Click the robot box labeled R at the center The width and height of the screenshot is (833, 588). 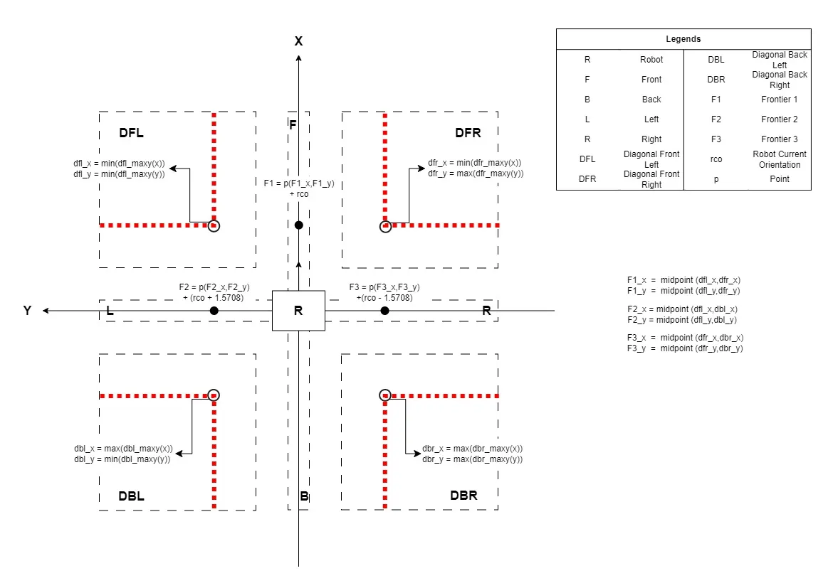click(x=298, y=311)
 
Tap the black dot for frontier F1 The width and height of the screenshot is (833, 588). click(x=299, y=225)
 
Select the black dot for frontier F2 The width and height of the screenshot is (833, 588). click(x=214, y=311)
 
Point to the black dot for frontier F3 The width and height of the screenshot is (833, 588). click(x=384, y=311)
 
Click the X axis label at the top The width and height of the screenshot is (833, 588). click(x=299, y=41)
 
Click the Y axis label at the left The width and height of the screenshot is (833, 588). click(x=27, y=311)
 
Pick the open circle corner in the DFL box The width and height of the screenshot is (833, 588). click(x=214, y=225)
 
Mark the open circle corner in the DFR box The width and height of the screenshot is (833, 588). click(x=385, y=225)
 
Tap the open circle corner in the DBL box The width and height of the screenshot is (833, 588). click(x=214, y=395)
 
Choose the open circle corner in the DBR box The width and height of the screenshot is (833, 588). click(x=385, y=395)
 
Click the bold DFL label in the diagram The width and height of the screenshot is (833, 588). click(x=132, y=133)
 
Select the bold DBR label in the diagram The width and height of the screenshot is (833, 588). click(x=464, y=496)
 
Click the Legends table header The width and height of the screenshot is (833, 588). click(x=683, y=39)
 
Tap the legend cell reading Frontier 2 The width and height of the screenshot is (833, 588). click(x=779, y=119)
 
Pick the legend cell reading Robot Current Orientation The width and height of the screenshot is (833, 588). click(x=779, y=159)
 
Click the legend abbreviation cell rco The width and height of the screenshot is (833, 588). click(x=716, y=159)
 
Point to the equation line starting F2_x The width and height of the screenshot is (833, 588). click(x=682, y=309)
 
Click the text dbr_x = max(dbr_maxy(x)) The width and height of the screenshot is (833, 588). click(x=472, y=449)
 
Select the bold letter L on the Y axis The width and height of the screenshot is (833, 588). click(x=110, y=311)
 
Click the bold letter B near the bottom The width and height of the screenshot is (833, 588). click(x=304, y=496)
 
